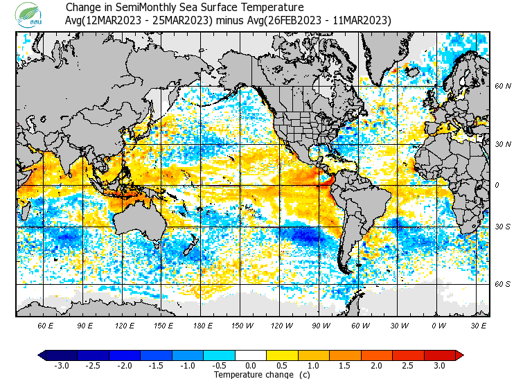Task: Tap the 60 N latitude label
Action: pyautogui.click(x=502, y=86)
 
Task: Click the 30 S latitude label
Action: pyautogui.click(x=502, y=227)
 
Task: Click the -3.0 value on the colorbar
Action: pyautogui.click(x=62, y=365)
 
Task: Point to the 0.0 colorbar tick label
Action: pyautogui.click(x=251, y=365)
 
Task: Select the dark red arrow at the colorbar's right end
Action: pyautogui.click(x=459, y=355)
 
